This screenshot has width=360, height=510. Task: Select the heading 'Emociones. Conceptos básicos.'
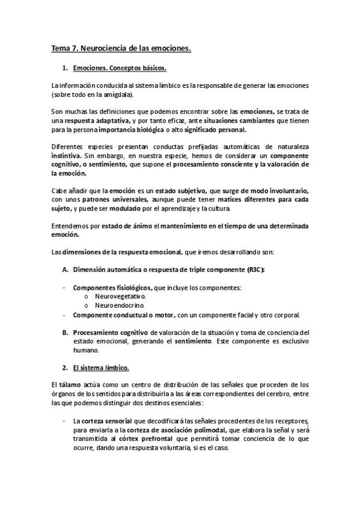[119, 69]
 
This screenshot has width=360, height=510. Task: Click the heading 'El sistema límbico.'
[100, 367]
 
